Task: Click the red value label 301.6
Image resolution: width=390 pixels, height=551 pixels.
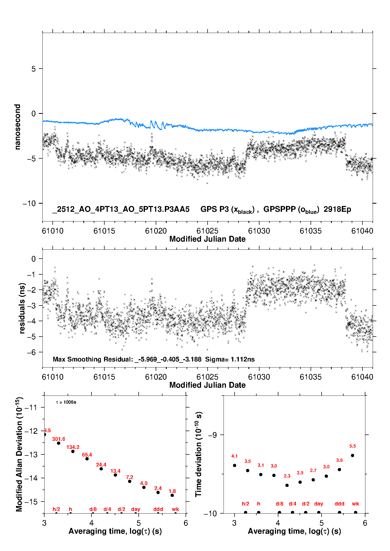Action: click(58, 439)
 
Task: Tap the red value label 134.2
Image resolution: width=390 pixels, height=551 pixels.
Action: click(73, 447)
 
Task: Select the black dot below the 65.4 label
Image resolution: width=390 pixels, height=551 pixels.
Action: click(87, 459)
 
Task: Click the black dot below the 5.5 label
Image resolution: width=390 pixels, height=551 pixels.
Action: click(353, 455)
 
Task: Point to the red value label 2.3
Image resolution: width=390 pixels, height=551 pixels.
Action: click(287, 476)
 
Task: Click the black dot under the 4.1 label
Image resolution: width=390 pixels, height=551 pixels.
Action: click(235, 465)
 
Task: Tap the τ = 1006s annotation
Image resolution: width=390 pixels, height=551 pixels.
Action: click(66, 402)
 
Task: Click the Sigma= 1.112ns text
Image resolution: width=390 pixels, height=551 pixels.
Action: click(230, 359)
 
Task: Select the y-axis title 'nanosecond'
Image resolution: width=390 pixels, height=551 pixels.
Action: click(17, 127)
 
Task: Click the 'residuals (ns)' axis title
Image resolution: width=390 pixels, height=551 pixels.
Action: click(22, 308)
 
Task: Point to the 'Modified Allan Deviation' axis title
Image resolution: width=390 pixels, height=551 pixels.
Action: click(19, 454)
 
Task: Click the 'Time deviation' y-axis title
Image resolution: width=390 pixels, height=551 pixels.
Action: click(198, 454)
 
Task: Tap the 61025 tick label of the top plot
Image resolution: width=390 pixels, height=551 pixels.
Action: click(207, 231)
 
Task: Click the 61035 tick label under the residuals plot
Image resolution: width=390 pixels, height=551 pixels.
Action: click(311, 377)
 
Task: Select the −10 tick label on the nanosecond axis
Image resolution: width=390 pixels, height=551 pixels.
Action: click(29, 203)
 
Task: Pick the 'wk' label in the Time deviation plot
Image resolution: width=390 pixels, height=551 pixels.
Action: click(355, 504)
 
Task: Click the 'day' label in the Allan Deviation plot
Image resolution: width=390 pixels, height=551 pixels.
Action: click(136, 509)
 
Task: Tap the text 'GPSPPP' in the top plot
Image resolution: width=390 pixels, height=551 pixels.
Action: click(279, 209)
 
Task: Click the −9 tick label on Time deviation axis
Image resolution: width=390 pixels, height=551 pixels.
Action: click(213, 435)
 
